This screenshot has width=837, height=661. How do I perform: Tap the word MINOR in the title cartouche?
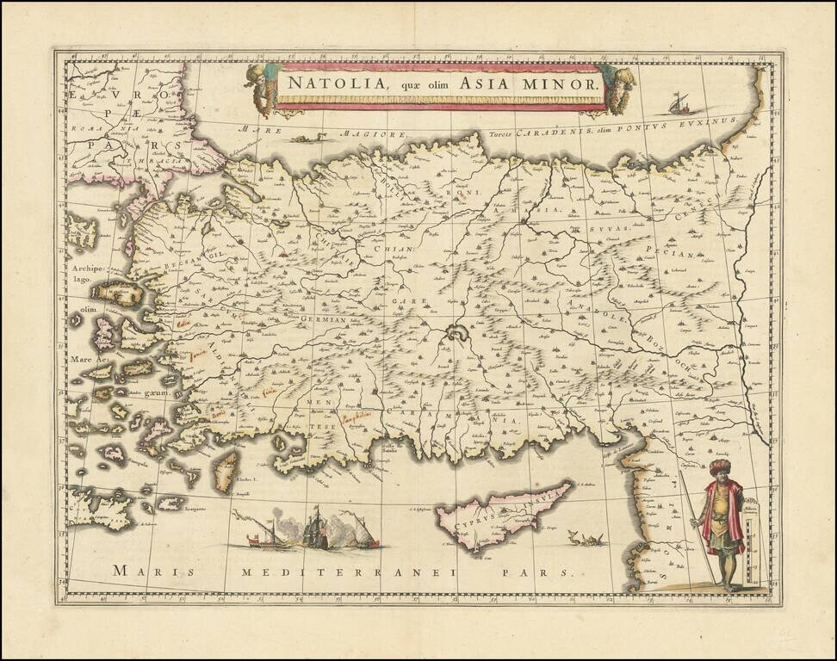[564, 83]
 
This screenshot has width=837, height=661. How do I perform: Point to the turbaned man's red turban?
[720, 466]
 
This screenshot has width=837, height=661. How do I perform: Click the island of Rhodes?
[225, 473]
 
